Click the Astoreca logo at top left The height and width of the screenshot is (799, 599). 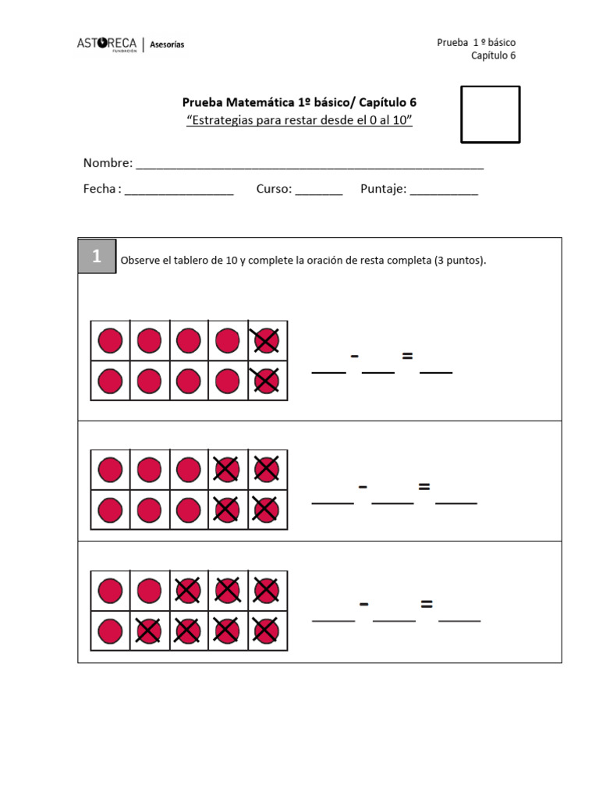pyautogui.click(x=107, y=44)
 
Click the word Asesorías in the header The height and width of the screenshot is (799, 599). pyautogui.click(x=167, y=44)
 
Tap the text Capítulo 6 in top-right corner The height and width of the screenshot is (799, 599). pyautogui.click(x=493, y=55)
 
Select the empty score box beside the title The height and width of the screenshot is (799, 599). pyautogui.click(x=490, y=114)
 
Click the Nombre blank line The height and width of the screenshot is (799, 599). pyautogui.click(x=310, y=165)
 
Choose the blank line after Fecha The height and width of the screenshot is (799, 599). pyautogui.click(x=179, y=191)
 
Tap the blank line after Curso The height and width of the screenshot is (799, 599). pyautogui.click(x=318, y=191)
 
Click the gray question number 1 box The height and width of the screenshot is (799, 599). pyautogui.click(x=97, y=256)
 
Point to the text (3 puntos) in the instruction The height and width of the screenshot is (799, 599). pyautogui.click(x=459, y=261)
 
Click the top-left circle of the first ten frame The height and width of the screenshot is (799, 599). pyautogui.click(x=110, y=341)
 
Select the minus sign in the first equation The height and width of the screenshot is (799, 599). pyautogui.click(x=355, y=357)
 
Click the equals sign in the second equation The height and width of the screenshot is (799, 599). pyautogui.click(x=424, y=487)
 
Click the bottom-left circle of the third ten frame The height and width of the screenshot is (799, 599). pyautogui.click(x=110, y=630)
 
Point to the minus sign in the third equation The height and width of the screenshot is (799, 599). pyautogui.click(x=363, y=605)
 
